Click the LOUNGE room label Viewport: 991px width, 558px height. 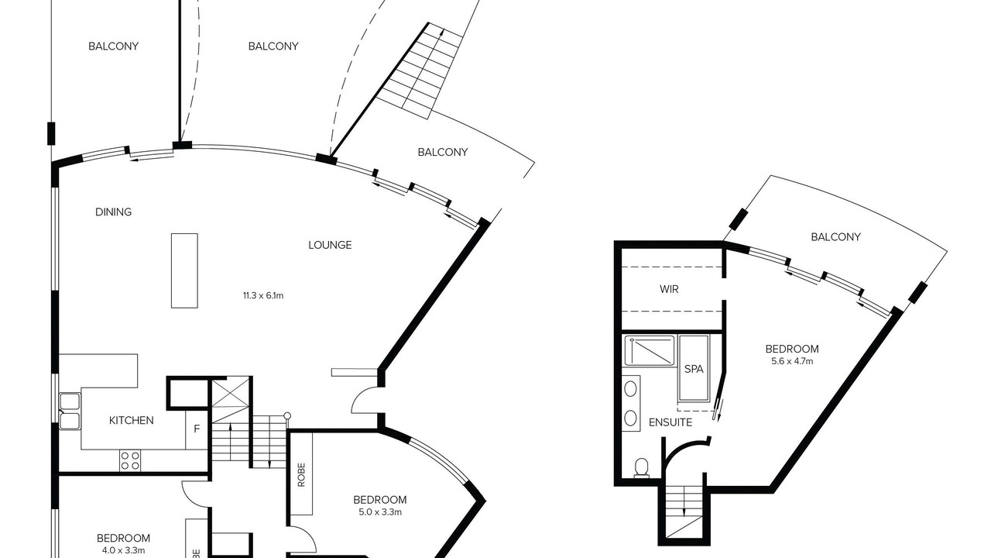(x=330, y=245)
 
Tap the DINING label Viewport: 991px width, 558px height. (x=114, y=212)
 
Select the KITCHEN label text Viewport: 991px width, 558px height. (x=132, y=420)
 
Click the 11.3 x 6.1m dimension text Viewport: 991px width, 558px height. (x=263, y=295)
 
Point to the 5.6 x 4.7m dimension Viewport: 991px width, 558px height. (x=792, y=361)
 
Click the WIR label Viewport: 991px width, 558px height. (x=669, y=289)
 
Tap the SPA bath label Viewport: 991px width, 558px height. (x=694, y=369)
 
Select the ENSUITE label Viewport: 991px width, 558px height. (x=670, y=422)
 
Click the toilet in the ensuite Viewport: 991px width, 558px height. (x=642, y=467)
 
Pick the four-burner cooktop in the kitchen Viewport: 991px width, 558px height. (x=130, y=460)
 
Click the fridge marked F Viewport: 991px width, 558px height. (x=197, y=429)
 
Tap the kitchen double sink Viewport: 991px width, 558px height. (x=70, y=412)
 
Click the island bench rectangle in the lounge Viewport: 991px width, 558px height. (x=184, y=270)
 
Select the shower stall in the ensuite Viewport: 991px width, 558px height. (x=650, y=351)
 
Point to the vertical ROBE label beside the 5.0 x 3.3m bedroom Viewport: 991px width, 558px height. (x=301, y=475)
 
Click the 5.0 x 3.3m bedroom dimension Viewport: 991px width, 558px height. (x=380, y=512)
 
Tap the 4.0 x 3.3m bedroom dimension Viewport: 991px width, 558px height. (x=123, y=550)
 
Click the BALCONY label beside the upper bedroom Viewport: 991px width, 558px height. (x=835, y=237)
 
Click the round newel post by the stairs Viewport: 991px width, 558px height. (x=287, y=416)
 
